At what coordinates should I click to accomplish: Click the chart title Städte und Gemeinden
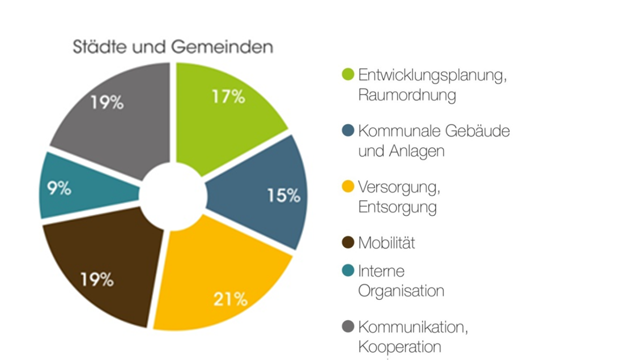[173, 47]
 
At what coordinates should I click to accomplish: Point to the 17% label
[228, 97]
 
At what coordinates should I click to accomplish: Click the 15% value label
[283, 196]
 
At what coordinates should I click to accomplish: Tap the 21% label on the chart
[231, 299]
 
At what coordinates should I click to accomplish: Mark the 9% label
[59, 189]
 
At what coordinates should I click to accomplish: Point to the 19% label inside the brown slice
[96, 279]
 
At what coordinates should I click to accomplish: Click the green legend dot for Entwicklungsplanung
[348, 74]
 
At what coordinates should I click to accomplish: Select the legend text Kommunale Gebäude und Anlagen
[433, 141]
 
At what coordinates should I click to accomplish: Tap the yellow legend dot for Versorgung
[348, 187]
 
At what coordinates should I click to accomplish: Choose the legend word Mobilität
[386, 243]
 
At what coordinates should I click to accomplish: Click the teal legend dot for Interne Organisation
[348, 270]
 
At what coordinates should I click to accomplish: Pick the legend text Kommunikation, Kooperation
[413, 337]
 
